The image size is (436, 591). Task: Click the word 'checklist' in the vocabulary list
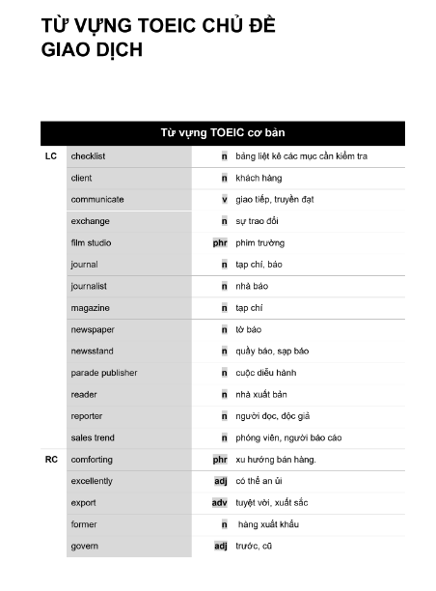click(x=88, y=155)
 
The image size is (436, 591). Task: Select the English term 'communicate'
click(x=97, y=199)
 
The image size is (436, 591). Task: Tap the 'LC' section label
click(x=51, y=155)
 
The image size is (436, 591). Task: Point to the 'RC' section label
click(x=51, y=459)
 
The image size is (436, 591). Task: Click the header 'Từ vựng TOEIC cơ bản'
click(x=222, y=131)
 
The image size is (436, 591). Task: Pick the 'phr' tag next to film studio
click(x=220, y=242)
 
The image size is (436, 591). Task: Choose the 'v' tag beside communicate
click(x=224, y=199)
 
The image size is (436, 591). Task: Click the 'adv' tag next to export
click(x=220, y=502)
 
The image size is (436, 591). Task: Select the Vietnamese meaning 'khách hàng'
click(x=259, y=178)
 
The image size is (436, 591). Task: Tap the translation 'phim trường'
click(x=259, y=242)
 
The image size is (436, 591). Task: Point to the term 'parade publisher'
click(x=103, y=372)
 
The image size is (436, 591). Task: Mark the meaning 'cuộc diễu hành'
click(x=265, y=372)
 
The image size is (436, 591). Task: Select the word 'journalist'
click(x=89, y=286)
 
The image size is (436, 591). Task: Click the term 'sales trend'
click(x=93, y=437)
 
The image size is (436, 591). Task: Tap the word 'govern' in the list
click(x=84, y=546)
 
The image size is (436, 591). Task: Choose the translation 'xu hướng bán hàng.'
click(x=275, y=459)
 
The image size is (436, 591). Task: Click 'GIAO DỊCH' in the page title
click(x=92, y=51)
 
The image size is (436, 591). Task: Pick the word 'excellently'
click(x=92, y=480)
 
